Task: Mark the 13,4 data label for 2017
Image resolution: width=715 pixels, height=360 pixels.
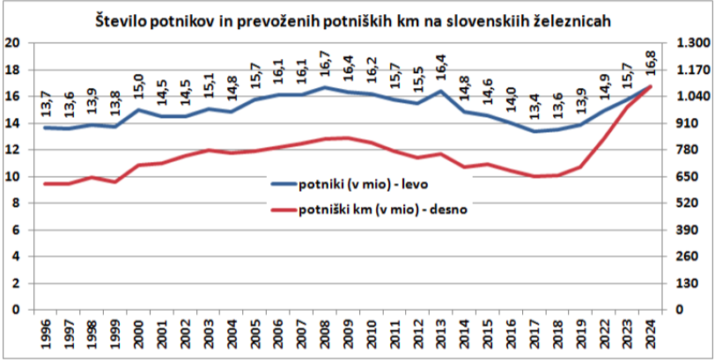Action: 534,110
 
